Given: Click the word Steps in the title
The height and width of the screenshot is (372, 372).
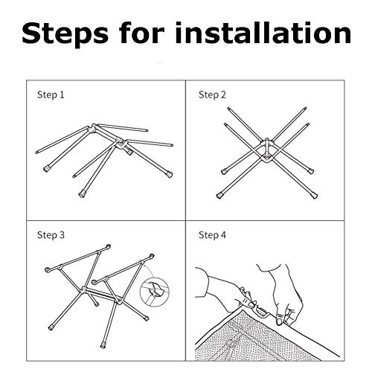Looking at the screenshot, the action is [65, 34].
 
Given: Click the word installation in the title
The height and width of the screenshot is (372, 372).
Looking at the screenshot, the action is [263, 33].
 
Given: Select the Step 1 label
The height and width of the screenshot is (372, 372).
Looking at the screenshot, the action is [51, 94].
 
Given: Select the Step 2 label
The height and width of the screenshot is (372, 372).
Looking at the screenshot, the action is [212, 94].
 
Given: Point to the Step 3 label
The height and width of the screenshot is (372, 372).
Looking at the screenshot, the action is [51, 235].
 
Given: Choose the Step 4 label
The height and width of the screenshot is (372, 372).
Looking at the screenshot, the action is [212, 235].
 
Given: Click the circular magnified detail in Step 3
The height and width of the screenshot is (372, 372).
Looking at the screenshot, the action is [155, 292].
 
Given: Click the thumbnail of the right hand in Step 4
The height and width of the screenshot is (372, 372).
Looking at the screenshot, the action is [280, 319].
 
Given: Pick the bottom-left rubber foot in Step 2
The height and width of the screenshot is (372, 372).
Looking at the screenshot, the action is [219, 196].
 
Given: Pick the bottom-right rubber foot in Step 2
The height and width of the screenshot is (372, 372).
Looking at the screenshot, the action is [315, 196].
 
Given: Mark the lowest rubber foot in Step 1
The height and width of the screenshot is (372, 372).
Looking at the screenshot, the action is [82, 194].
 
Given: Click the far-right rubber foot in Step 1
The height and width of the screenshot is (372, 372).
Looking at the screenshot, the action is [169, 174].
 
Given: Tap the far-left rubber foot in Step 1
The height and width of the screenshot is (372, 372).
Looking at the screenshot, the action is [46, 169].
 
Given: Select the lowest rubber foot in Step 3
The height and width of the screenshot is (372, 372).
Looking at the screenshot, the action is [103, 345].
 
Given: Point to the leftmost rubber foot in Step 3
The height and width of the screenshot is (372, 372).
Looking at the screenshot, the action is [51, 327].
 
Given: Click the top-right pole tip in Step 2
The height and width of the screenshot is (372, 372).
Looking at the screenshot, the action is [306, 109].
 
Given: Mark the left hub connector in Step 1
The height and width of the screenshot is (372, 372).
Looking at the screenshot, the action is [92, 129].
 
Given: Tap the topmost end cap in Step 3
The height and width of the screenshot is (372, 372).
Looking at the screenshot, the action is [108, 247].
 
